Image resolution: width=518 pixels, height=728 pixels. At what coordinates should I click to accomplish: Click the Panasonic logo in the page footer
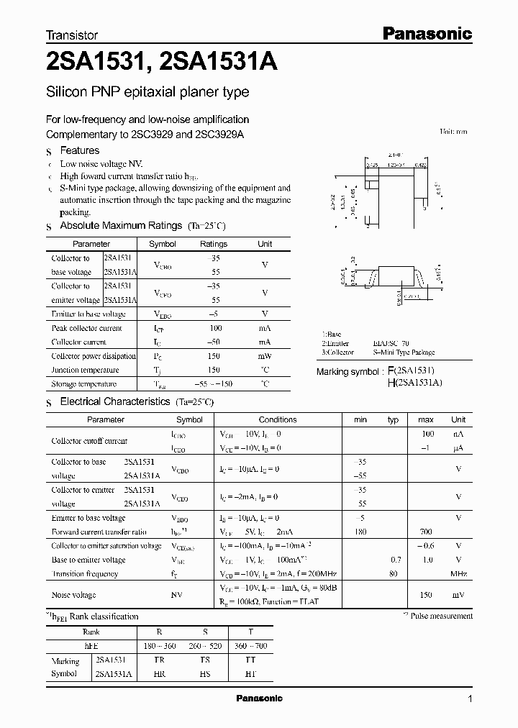[x=259, y=699]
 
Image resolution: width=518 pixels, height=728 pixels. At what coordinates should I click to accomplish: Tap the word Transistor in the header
[x=72, y=35]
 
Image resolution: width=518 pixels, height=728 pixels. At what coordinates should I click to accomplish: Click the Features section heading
[x=79, y=150]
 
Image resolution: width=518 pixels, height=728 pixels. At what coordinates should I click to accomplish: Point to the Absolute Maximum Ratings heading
[x=121, y=226]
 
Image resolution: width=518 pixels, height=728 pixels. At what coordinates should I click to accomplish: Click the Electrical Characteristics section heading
[x=115, y=401]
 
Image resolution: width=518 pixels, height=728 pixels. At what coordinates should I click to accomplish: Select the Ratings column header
[x=214, y=244]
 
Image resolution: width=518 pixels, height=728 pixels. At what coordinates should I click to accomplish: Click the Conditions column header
[x=278, y=419]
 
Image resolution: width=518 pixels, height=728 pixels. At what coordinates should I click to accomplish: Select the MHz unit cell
[x=458, y=574]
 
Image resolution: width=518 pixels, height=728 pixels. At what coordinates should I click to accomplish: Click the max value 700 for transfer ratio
[x=425, y=532]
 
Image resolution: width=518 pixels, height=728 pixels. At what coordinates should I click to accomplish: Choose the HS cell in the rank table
[x=204, y=674]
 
